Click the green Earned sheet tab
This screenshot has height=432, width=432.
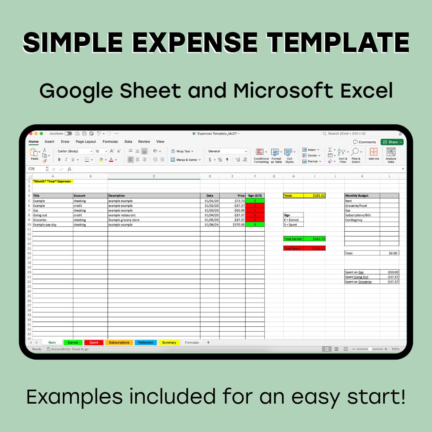(x=73, y=342)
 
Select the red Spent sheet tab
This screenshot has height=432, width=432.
(x=94, y=342)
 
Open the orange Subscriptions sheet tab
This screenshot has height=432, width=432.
(x=119, y=342)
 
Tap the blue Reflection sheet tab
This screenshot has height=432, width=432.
(x=146, y=342)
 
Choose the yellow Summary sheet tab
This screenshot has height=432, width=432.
(x=169, y=342)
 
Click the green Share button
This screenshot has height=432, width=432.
(x=392, y=142)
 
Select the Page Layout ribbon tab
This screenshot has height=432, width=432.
(x=86, y=142)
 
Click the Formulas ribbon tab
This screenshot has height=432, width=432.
(x=110, y=142)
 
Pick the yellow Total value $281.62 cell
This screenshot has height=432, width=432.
(x=314, y=196)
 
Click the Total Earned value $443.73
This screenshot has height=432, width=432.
(x=314, y=239)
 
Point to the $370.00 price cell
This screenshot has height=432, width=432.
(x=232, y=225)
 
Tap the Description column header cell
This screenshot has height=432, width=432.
(x=154, y=196)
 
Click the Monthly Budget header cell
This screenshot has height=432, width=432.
(x=362, y=196)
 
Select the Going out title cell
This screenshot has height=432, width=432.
(x=52, y=215)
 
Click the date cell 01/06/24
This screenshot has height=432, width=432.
(x=210, y=225)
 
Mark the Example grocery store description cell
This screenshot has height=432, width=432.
(x=154, y=220)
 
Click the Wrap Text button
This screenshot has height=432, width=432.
(x=182, y=151)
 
